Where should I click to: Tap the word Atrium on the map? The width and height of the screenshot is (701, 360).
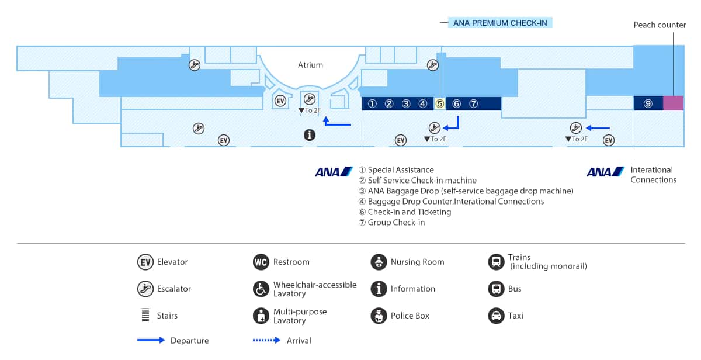coord(310,65)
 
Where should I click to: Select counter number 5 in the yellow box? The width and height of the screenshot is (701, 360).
coord(440,104)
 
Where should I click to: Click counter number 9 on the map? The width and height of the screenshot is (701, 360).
coord(648,103)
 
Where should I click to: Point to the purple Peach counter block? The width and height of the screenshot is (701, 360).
coord(673,103)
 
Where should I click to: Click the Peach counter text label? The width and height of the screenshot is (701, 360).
coord(660,25)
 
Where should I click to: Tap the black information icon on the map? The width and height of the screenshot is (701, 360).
coord(310,135)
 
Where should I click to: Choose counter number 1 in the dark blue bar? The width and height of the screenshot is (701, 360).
coord(372,104)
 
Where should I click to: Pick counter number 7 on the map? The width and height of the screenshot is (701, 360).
coord(474,104)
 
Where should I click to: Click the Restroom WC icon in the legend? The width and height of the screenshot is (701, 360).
coord(261,262)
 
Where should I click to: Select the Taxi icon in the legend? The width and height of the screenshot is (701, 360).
coord(496,316)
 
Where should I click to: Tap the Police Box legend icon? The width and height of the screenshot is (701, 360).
coord(379,316)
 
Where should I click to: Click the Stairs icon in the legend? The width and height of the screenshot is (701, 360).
coord(145,316)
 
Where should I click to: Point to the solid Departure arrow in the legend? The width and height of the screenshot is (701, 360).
coord(151,340)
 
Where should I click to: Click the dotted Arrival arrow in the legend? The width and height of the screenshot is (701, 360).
coord(266,340)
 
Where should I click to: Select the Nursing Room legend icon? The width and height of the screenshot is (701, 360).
coord(379,262)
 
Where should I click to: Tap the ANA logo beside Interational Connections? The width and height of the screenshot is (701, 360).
coord(606,172)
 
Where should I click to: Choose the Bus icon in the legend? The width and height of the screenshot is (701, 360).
coord(496,289)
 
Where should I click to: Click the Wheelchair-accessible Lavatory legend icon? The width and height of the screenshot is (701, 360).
coord(261,289)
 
